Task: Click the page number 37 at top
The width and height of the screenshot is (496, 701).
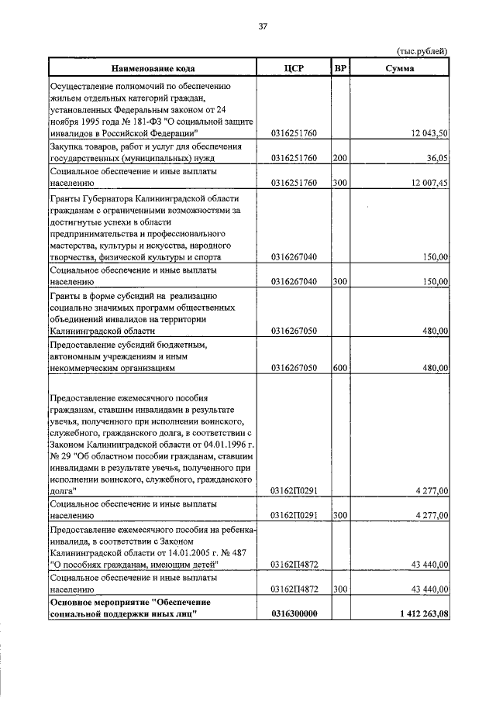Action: [x=263, y=26]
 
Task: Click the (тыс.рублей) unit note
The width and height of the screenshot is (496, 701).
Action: [x=422, y=51]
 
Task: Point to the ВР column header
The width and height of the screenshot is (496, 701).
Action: [x=339, y=68]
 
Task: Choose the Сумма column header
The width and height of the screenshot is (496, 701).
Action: [x=400, y=68]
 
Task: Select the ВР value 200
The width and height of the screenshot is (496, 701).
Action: [x=339, y=159]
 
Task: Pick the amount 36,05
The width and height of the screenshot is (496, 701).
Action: [x=437, y=159]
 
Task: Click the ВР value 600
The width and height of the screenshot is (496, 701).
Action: [x=339, y=369]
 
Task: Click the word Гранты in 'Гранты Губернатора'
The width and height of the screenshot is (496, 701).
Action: [x=67, y=198]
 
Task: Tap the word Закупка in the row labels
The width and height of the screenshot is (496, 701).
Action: [x=70, y=146]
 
